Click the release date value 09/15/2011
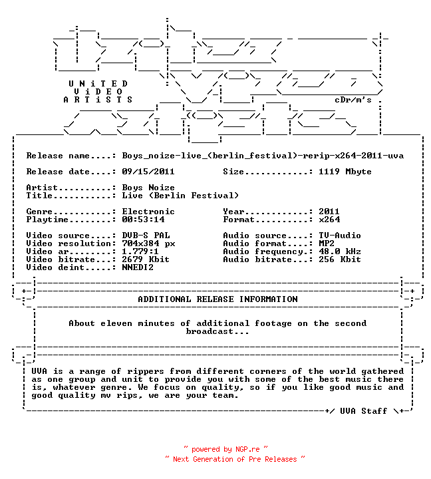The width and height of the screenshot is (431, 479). (148, 172)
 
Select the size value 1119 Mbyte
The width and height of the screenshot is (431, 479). (345, 172)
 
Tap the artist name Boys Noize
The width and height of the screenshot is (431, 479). (148, 187)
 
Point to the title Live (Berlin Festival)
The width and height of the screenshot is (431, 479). (180, 195)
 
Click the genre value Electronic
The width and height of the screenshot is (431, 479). (148, 211)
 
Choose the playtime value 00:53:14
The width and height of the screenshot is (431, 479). (143, 219)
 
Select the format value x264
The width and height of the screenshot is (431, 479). (329, 219)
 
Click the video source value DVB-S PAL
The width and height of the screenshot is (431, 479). (146, 236)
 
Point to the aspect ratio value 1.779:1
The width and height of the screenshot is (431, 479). (140, 251)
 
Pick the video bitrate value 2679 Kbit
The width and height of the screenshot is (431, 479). (146, 259)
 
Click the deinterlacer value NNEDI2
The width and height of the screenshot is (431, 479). (138, 267)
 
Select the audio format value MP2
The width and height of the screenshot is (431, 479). (326, 243)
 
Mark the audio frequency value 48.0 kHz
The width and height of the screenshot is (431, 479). (340, 251)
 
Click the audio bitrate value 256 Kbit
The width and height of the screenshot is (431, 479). (340, 259)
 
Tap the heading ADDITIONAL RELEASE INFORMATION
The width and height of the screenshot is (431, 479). (217, 299)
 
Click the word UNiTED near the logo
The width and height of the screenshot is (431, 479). (98, 83)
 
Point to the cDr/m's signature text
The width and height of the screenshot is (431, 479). (353, 100)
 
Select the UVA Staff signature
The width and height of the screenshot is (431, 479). (364, 410)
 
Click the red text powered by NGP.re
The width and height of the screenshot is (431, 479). (225, 449)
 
